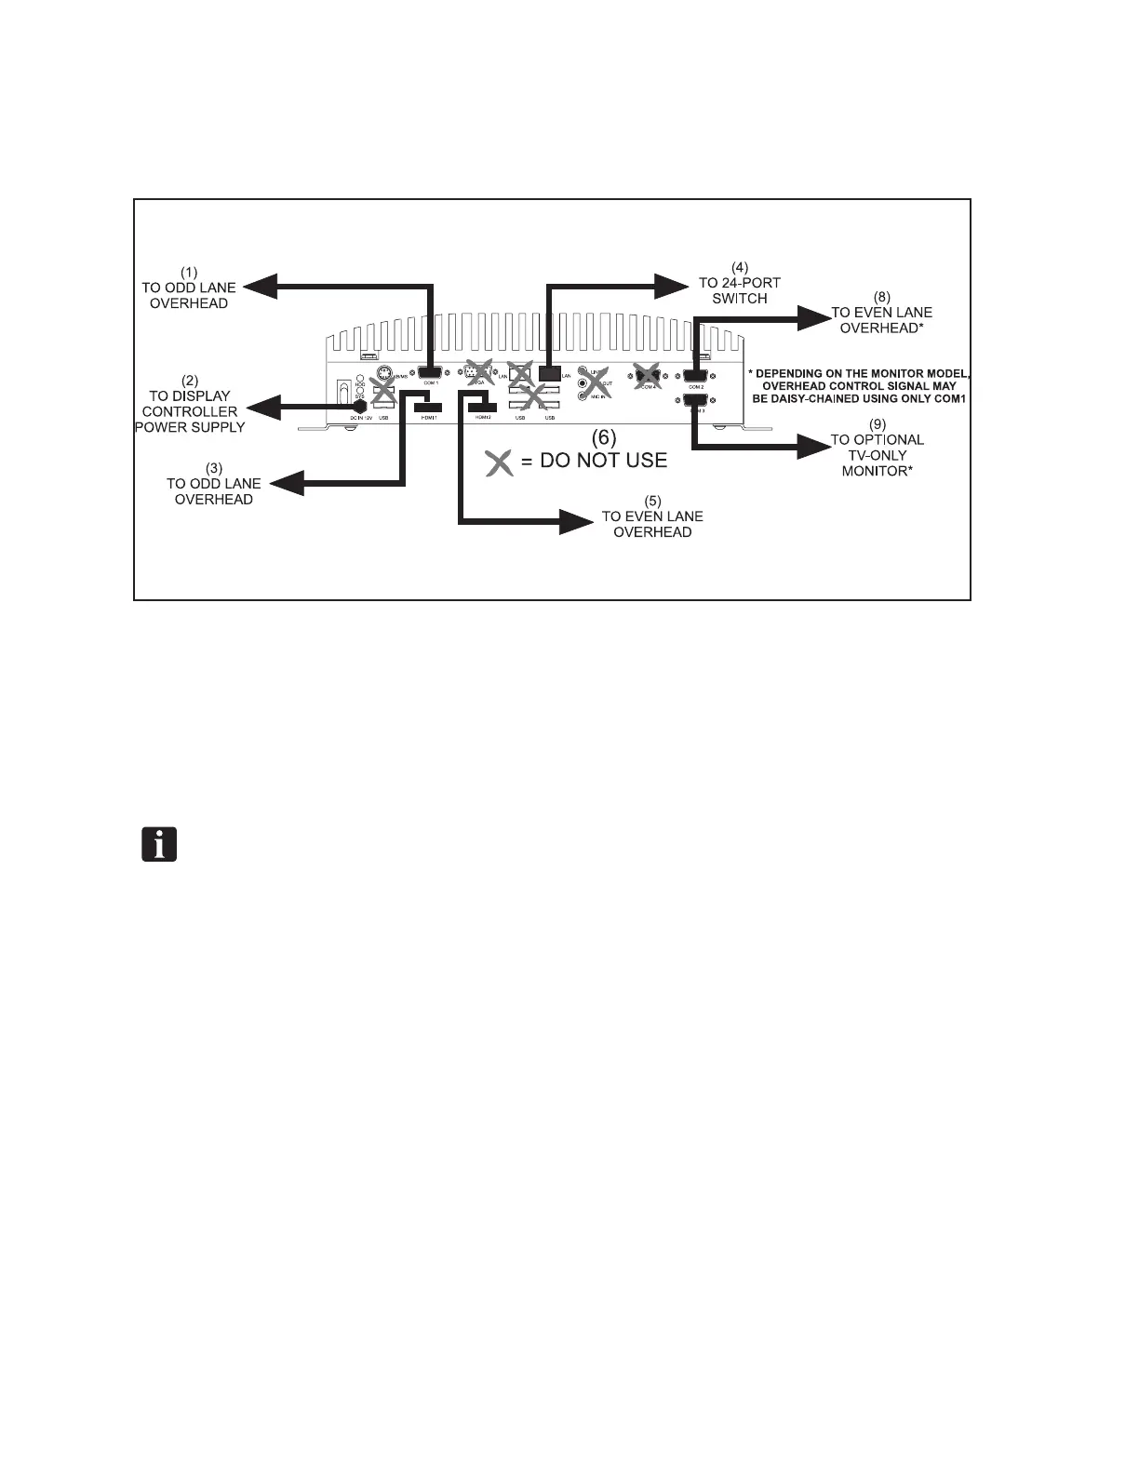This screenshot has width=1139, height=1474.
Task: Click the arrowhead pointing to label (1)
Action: point(261,287)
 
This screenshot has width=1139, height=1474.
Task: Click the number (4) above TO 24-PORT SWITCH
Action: point(740,266)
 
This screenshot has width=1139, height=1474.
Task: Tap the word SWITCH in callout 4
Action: point(740,299)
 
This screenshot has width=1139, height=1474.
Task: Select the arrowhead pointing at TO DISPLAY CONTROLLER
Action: point(269,407)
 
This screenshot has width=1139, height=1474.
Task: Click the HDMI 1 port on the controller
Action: point(428,407)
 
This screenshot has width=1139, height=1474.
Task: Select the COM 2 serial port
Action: point(696,376)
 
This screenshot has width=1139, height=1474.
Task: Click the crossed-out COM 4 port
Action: point(647,375)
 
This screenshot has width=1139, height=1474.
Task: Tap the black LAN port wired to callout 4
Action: point(549,373)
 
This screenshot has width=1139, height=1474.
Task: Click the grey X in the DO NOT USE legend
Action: point(501,462)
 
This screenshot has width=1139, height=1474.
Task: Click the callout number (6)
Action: point(605,435)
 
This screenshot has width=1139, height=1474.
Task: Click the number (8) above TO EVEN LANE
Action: point(881,297)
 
